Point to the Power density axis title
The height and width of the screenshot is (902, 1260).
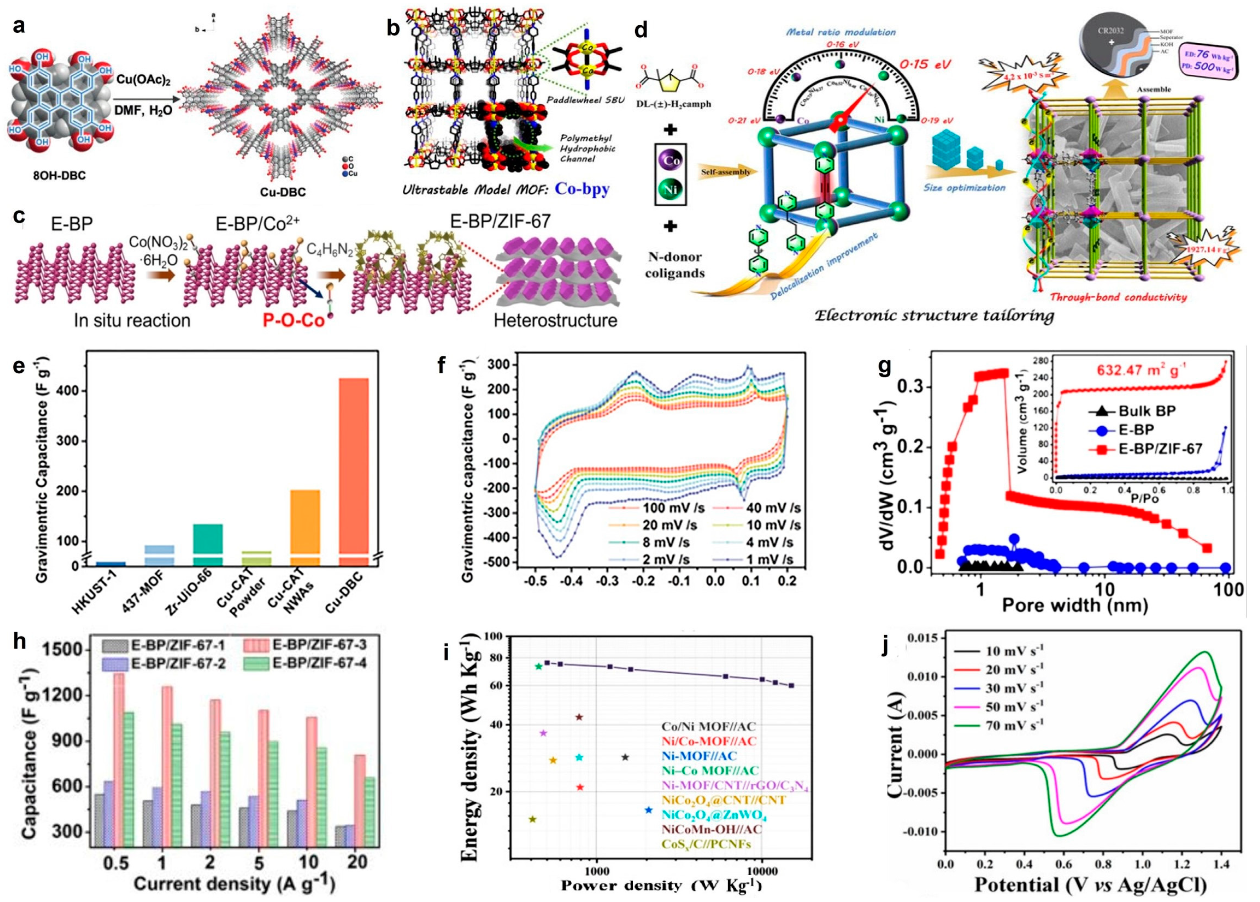(x=661, y=885)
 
